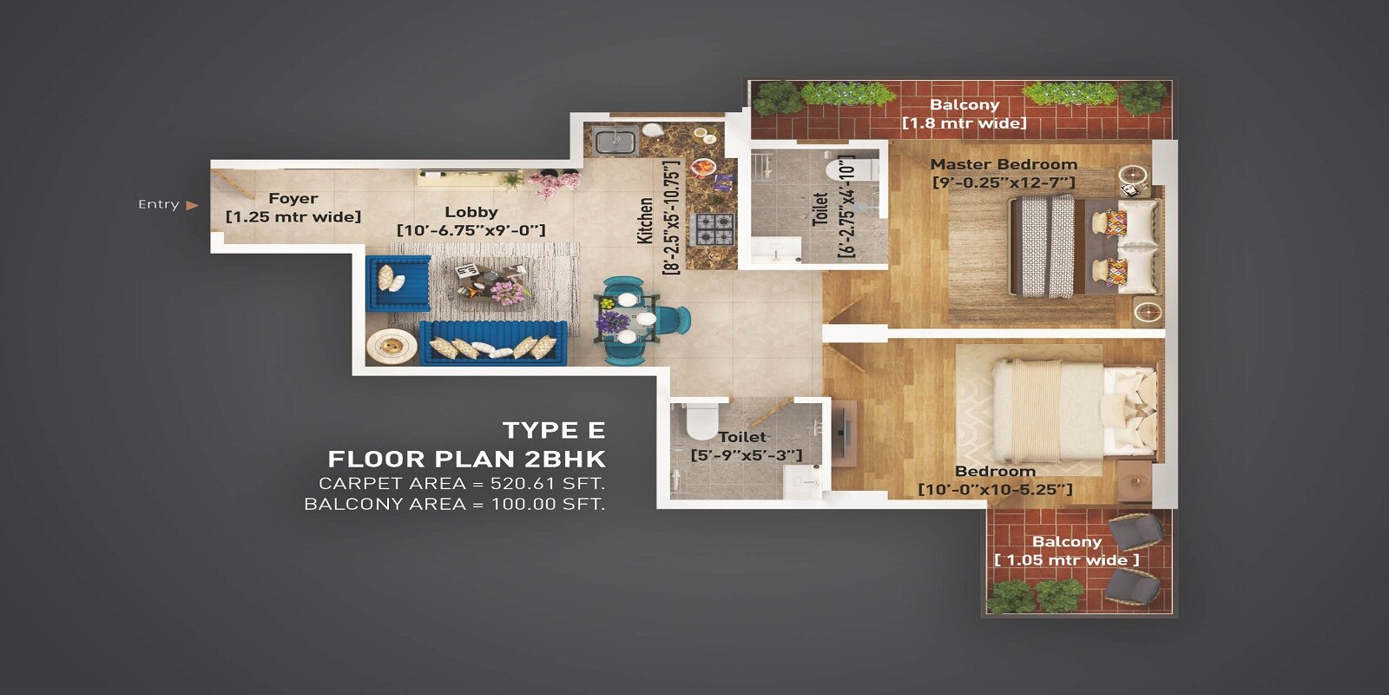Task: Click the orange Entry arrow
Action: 192,205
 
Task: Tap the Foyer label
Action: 293,198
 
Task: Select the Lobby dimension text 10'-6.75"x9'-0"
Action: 471,230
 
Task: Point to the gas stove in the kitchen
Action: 713,228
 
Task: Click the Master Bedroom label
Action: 1004,164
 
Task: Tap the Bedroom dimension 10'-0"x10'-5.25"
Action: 995,490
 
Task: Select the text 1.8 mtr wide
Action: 964,123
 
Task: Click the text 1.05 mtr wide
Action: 1066,560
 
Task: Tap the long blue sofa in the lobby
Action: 493,342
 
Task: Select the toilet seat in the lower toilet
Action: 700,421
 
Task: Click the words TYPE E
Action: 553,430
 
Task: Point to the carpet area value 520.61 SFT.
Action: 547,483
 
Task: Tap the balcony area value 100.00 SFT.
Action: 547,504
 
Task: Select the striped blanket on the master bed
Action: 1045,247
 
